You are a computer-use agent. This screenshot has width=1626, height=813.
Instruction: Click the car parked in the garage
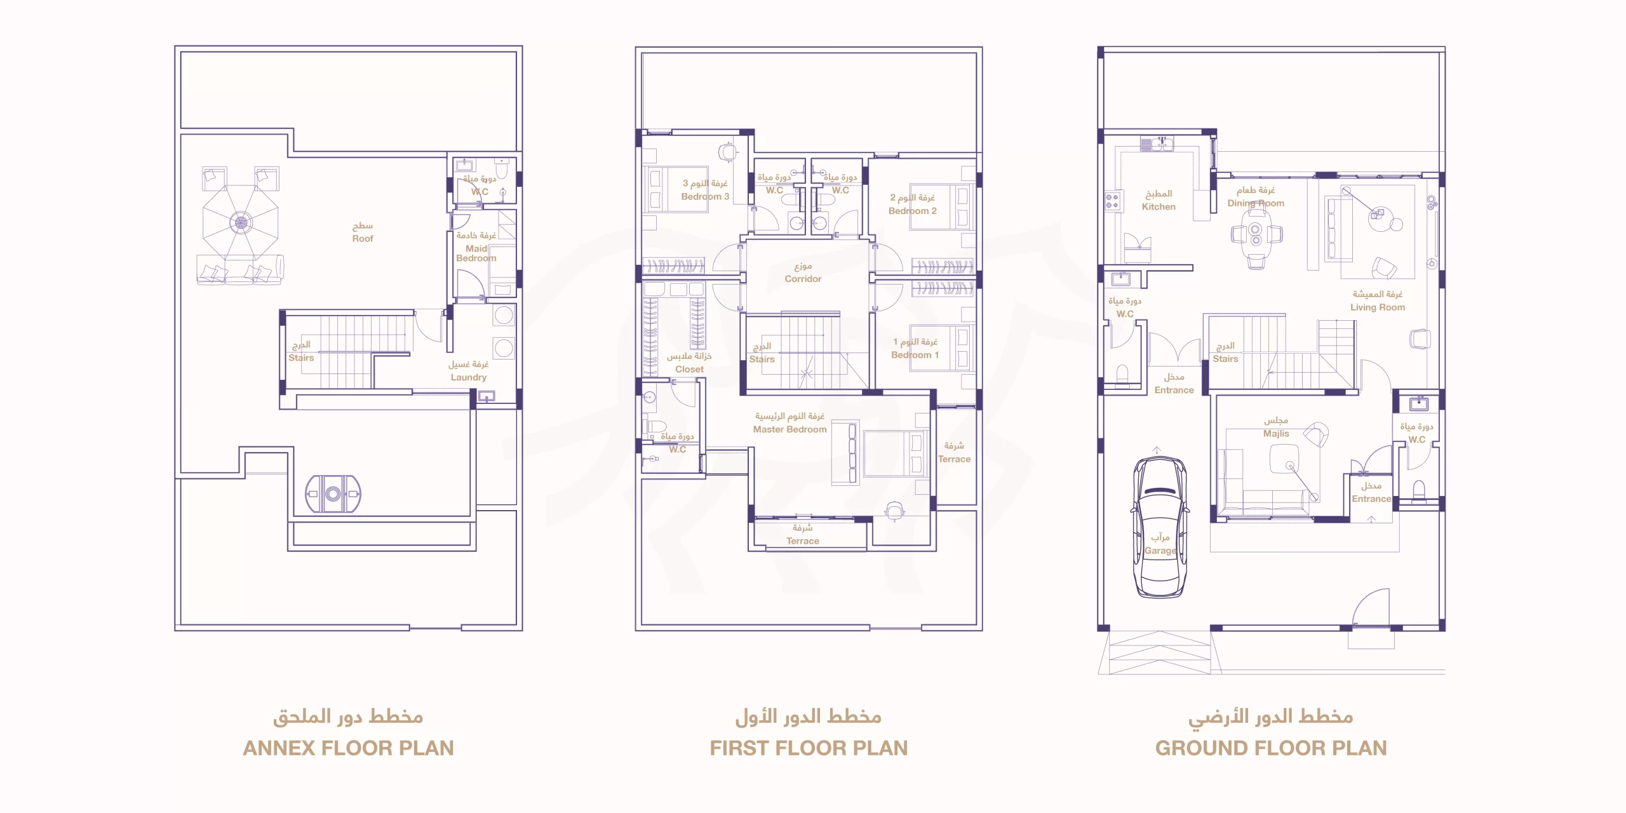tap(1160, 527)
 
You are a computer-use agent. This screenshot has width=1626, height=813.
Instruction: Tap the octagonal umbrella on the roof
tap(241, 222)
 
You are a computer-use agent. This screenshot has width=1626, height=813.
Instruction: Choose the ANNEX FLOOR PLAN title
tap(348, 748)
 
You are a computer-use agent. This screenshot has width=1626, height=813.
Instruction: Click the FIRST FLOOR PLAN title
tap(809, 748)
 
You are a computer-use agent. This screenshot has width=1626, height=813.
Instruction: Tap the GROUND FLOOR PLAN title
tap(1271, 748)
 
